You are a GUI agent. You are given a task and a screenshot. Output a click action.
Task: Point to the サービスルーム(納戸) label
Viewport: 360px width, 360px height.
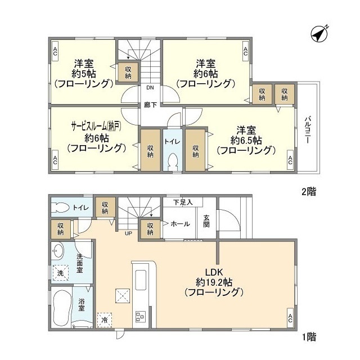coord(96,126)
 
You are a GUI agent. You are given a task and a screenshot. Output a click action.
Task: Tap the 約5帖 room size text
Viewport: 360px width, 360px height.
coord(84,73)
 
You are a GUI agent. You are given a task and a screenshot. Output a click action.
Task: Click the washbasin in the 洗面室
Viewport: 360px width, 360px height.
coord(58,250)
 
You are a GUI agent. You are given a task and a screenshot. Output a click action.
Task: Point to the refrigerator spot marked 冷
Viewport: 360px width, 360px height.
coord(105,320)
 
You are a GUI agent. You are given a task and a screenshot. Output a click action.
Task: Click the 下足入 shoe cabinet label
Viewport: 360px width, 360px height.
coord(182,201)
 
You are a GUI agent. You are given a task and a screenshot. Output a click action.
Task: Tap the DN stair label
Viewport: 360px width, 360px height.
coord(150,88)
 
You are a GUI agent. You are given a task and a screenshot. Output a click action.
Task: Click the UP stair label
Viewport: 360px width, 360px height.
coord(129,233)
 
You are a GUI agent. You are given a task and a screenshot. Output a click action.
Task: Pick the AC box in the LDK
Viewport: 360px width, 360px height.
coord(290,318)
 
